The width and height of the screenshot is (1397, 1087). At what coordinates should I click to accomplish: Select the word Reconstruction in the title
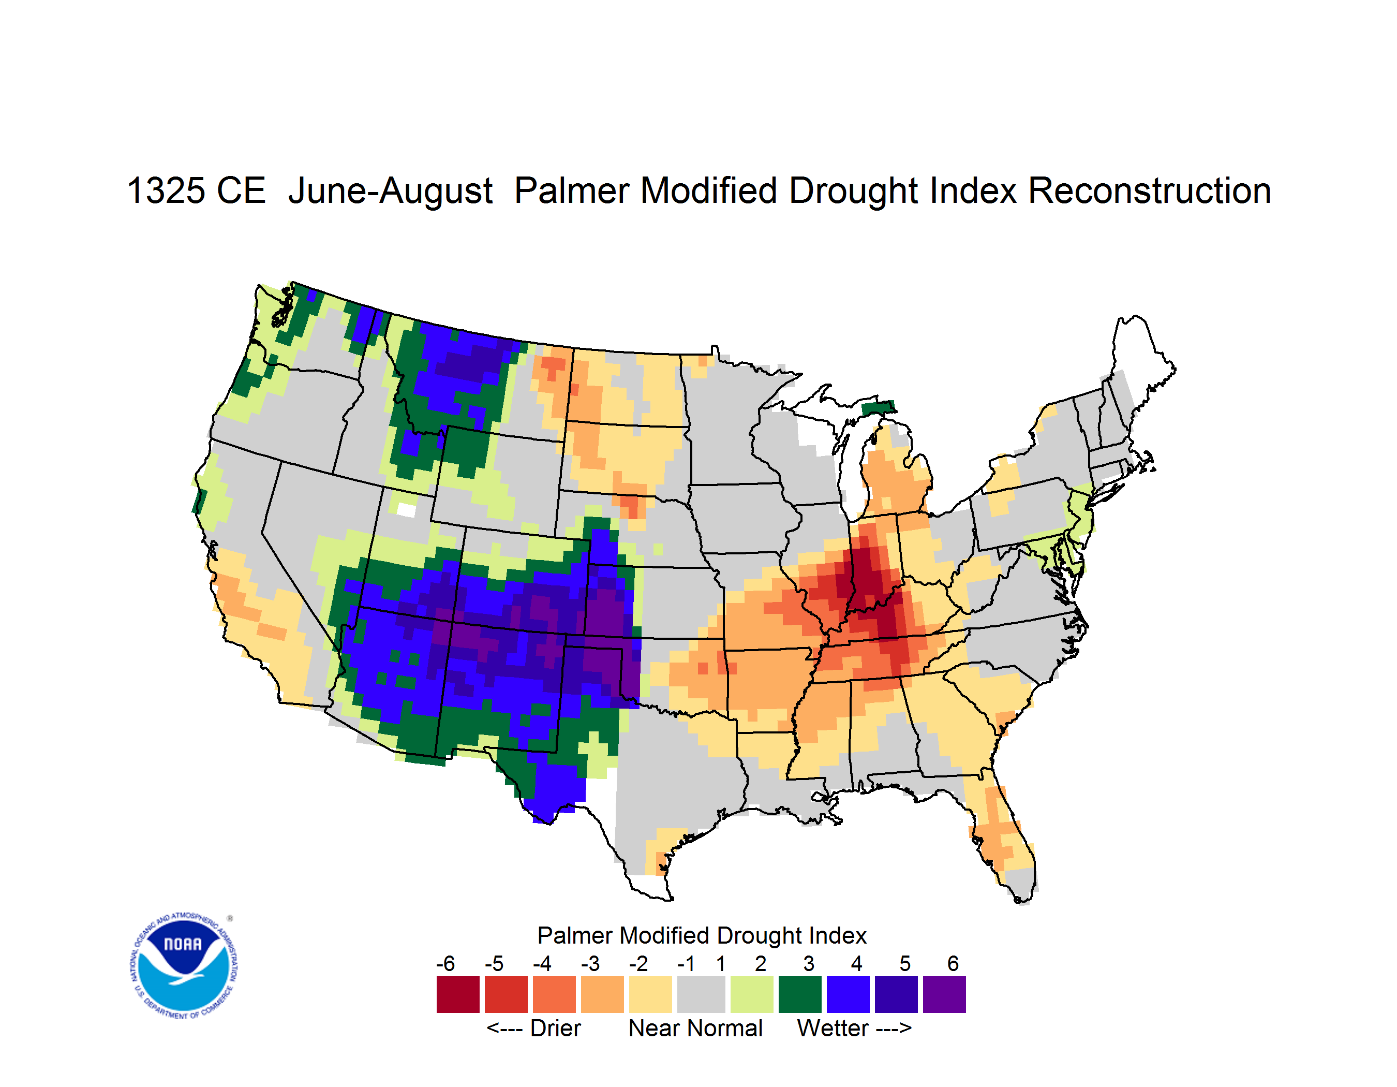[1150, 190]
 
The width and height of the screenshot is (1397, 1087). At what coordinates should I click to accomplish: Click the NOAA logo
[184, 966]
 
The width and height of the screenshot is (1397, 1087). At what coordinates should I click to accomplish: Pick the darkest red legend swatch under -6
[458, 994]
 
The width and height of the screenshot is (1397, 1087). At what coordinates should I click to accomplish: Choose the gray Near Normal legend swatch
[701, 994]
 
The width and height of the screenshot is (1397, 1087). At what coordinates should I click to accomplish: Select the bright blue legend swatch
[848, 994]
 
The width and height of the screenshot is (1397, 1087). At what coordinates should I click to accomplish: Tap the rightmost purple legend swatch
[944, 994]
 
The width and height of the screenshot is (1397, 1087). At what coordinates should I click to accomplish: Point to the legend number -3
[590, 963]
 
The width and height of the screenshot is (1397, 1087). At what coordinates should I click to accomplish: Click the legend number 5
[905, 963]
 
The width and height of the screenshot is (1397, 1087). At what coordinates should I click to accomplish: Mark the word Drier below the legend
[555, 1028]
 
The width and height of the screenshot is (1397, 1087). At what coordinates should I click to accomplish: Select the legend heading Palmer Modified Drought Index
[702, 935]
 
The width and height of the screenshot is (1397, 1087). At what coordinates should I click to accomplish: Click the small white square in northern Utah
[406, 510]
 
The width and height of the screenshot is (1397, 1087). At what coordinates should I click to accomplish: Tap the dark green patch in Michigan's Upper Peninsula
[878, 407]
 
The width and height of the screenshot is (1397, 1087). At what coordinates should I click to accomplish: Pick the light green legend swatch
[752, 994]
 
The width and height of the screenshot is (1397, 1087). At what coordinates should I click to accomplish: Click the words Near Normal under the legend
[695, 1028]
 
